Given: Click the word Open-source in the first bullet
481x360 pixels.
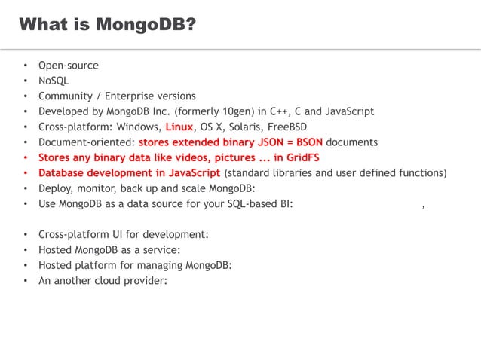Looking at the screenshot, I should point(69,66).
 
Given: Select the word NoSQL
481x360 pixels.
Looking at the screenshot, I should point(54,81).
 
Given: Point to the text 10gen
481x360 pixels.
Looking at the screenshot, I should point(228,111).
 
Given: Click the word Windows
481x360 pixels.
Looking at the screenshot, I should point(138,127).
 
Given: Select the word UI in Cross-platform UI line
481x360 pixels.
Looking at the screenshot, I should point(118,234).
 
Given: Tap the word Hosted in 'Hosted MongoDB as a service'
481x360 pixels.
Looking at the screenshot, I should point(56,249).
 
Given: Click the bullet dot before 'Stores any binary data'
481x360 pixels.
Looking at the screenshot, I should point(26,157).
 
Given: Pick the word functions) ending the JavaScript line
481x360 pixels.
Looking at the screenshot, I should point(423,172).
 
